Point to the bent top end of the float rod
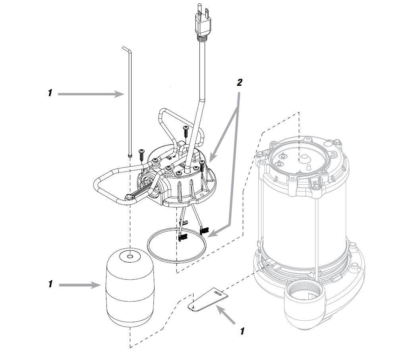126,50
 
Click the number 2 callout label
239,82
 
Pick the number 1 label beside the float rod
50,93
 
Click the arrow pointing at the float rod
91,94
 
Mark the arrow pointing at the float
81,285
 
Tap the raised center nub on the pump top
301,159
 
